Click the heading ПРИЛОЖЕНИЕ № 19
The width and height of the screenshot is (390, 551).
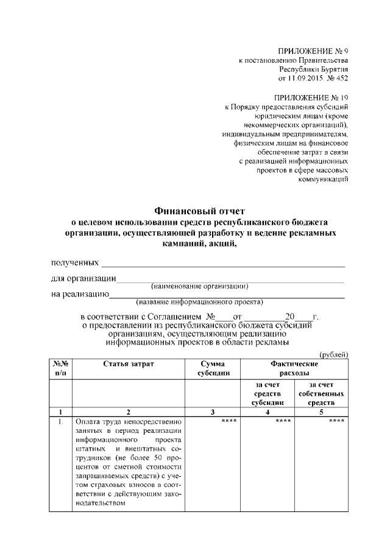[311, 97]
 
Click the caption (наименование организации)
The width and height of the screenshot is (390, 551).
[199, 286]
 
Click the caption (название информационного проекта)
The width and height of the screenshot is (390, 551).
[199, 301]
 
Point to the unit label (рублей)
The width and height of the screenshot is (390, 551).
[333, 354]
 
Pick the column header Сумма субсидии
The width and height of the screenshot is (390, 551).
[213, 368]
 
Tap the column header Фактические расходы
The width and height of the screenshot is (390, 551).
[294, 368]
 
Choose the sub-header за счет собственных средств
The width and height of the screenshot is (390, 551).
[321, 393]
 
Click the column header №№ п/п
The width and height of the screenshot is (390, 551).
[60, 368]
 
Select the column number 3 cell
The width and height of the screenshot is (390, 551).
[213, 412]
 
